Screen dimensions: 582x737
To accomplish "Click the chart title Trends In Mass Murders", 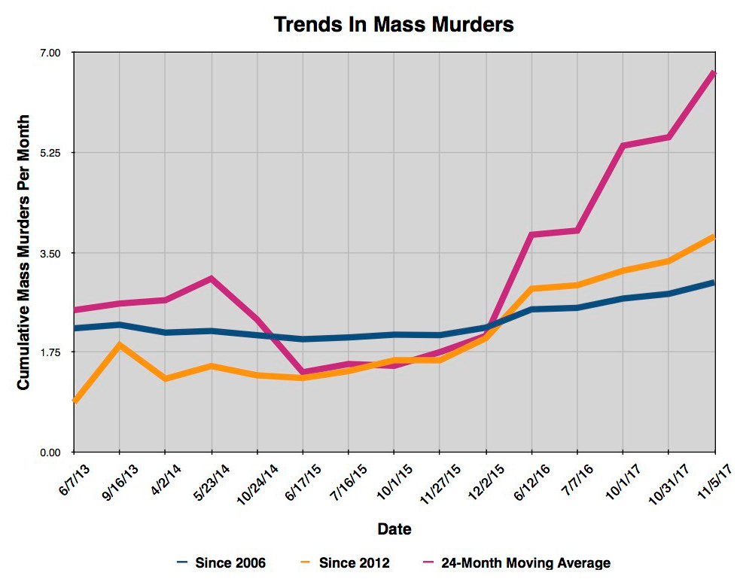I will (x=394, y=24).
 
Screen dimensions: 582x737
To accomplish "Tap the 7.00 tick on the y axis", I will (x=50, y=53).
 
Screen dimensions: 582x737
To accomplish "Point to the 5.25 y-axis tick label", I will (x=50, y=153).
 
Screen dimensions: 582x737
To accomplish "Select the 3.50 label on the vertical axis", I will (x=50, y=253).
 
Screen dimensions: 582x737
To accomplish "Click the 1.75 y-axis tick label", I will (x=50, y=352).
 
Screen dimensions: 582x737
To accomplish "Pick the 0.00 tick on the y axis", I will (x=50, y=452).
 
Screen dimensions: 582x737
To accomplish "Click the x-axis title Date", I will (x=394, y=529).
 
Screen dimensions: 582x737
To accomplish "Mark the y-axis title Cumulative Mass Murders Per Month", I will (x=23, y=252).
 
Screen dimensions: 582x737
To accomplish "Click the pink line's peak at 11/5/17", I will (x=713, y=73).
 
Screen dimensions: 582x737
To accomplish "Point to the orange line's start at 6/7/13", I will (x=74, y=401).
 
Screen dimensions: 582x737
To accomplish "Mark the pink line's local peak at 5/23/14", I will (x=212, y=279).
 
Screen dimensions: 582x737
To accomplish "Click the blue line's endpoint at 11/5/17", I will (x=713, y=282).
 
